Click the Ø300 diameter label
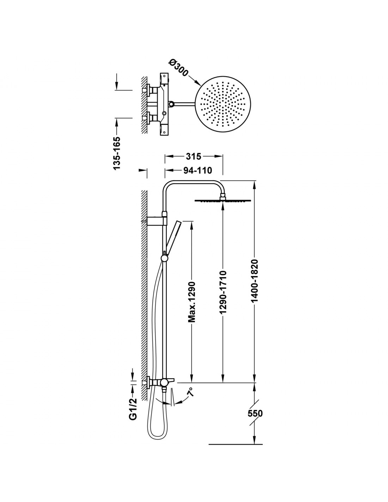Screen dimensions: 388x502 pyautogui.click(x=178, y=68)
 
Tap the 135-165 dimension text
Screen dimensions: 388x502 pyautogui.click(x=117, y=154)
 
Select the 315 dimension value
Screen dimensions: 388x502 pyautogui.click(x=193, y=156)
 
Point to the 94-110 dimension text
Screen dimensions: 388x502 pyautogui.click(x=198, y=171)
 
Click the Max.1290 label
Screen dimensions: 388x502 pyautogui.click(x=192, y=302)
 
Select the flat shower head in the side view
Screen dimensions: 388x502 pyautogui.click(x=223, y=201)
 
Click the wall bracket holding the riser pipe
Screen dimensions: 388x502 pyautogui.click(x=157, y=221)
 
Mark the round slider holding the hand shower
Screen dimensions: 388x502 pyautogui.click(x=164, y=258)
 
